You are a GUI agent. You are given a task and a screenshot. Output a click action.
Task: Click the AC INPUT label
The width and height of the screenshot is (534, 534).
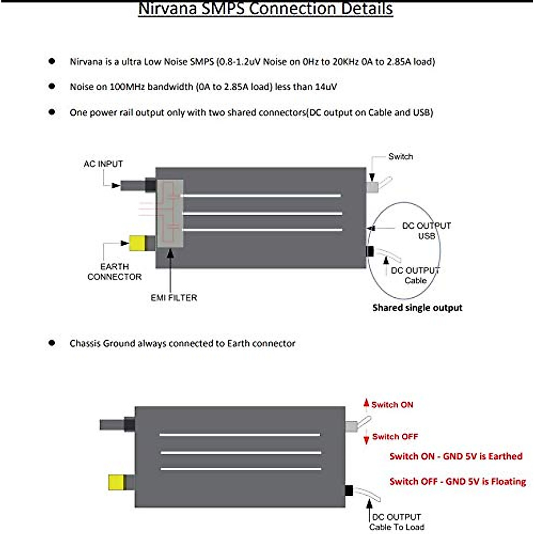[103, 164]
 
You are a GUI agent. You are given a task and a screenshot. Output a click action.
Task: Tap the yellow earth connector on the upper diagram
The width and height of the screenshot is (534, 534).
[137, 243]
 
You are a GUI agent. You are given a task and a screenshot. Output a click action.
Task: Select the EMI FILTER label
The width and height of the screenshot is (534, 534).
[174, 298]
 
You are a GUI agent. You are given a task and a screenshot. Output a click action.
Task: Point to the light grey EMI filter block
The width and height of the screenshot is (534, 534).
[170, 214]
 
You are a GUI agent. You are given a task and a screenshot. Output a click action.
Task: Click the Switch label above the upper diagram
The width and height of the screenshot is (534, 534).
[400, 157]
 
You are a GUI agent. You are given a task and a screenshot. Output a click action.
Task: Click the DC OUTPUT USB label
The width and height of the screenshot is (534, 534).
[426, 231]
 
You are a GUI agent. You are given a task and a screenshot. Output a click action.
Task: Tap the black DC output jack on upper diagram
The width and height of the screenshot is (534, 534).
[370, 251]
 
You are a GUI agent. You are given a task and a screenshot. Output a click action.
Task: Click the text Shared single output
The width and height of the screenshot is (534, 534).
[417, 308]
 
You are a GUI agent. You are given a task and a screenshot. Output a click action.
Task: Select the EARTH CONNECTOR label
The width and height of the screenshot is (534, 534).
[114, 271]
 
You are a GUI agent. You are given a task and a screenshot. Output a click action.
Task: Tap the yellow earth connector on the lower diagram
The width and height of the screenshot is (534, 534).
[117, 482]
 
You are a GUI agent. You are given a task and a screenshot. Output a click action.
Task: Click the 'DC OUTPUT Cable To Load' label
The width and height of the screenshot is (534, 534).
[396, 522]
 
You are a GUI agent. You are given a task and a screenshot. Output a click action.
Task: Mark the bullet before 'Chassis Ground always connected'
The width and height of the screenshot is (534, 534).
[52, 343]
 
